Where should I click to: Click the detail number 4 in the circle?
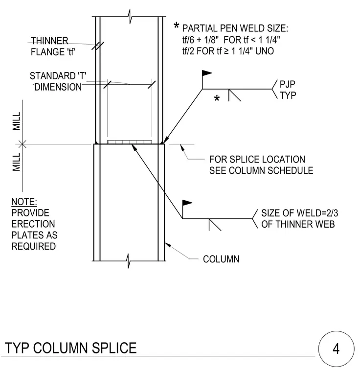click(336, 349)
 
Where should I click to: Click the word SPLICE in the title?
click(114, 348)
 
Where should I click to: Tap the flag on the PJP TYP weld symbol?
click(207, 73)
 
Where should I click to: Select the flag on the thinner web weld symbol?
click(187, 203)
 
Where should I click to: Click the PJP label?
click(288, 84)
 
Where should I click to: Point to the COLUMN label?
click(221, 259)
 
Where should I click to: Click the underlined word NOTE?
click(24, 202)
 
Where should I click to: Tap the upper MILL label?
click(17, 121)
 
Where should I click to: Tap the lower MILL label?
click(17, 162)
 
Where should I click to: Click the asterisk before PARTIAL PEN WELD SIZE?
click(176, 25)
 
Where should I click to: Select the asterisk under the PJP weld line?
click(217, 98)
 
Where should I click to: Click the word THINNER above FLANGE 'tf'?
click(49, 41)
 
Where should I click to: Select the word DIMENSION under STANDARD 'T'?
click(58, 87)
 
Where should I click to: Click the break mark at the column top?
click(130, 17)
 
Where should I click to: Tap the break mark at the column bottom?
click(128, 261)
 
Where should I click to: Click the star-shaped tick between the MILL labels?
click(22, 144)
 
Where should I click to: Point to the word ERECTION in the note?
click(33, 224)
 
